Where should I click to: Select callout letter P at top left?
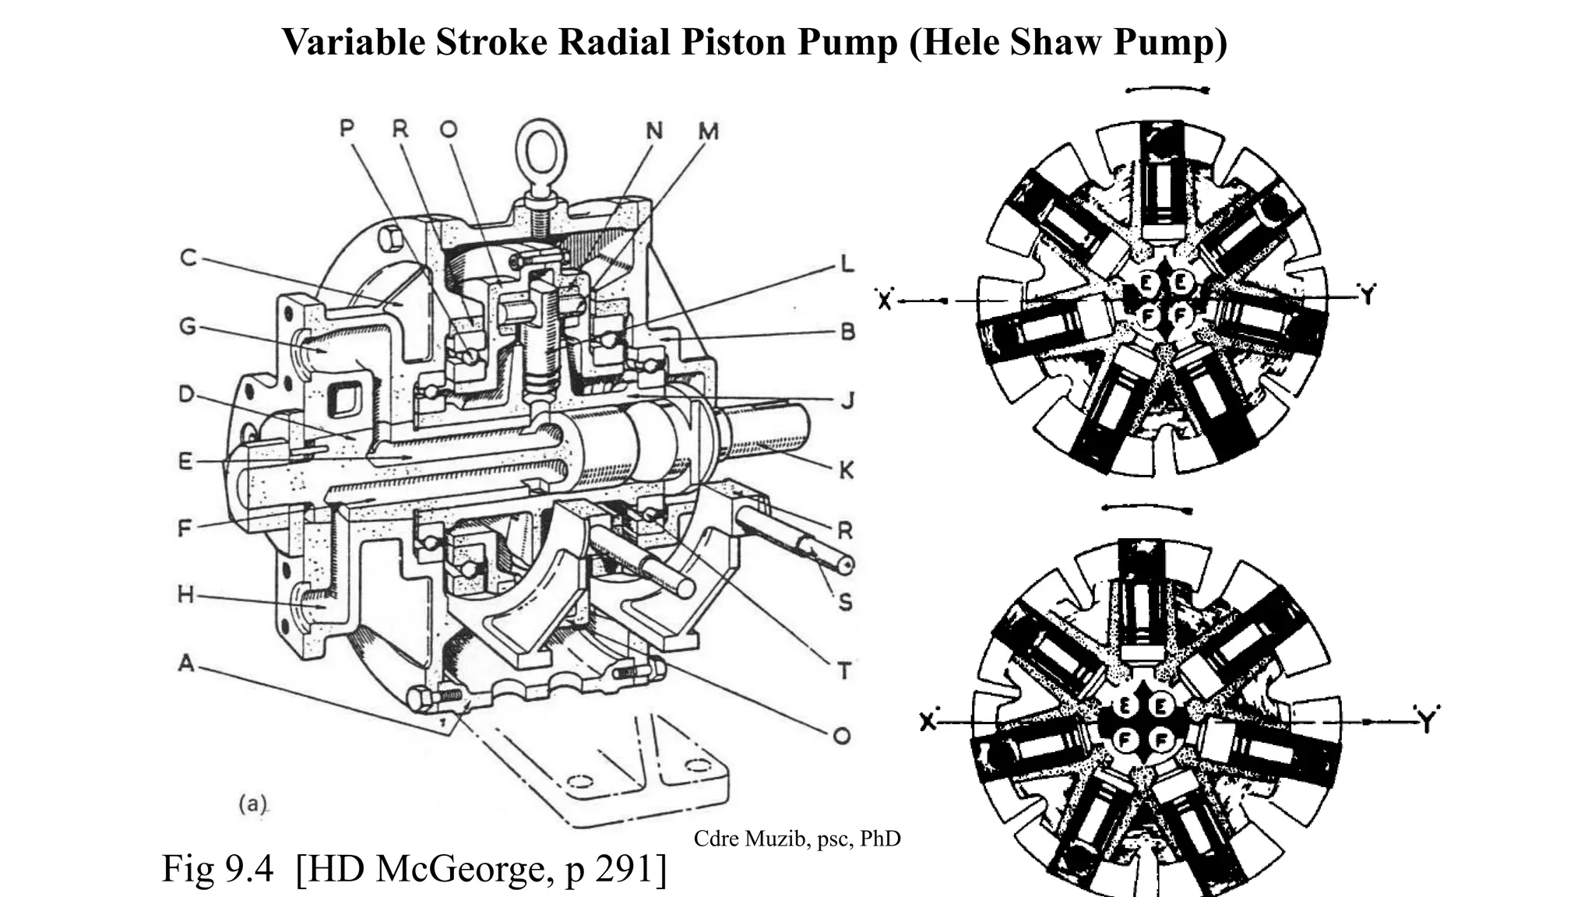[x=347, y=128]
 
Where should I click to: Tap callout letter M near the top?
[x=707, y=132]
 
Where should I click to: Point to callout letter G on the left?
[x=188, y=325]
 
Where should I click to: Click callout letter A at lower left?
[x=186, y=663]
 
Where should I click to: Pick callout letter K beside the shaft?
[x=846, y=470]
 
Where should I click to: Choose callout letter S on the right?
[x=846, y=602]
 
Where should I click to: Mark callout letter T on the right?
[x=844, y=670]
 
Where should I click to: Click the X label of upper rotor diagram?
[x=884, y=301]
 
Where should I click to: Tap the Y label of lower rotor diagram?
[x=1426, y=723]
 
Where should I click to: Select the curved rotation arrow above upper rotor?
[x=1167, y=90]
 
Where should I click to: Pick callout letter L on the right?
[x=847, y=264]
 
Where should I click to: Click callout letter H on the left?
[x=185, y=596]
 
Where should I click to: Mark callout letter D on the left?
[x=186, y=394]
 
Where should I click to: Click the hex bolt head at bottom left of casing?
[x=421, y=698]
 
